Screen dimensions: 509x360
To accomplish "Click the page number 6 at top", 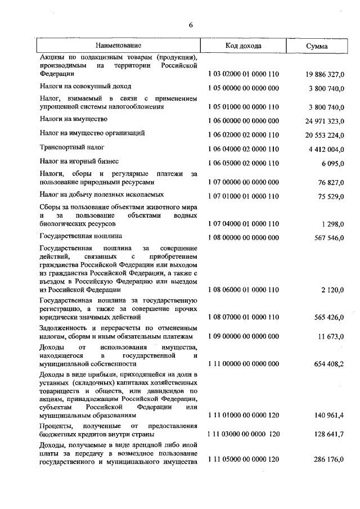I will click(191, 25).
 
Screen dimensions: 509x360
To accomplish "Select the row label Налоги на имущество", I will click(74, 119).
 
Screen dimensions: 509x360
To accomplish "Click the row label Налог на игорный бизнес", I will click(79, 161).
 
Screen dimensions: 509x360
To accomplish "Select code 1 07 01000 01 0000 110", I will click(243, 196).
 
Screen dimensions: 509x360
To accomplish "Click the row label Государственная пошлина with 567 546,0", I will click(81, 236).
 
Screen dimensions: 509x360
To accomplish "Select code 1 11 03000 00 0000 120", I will click(243, 434).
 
